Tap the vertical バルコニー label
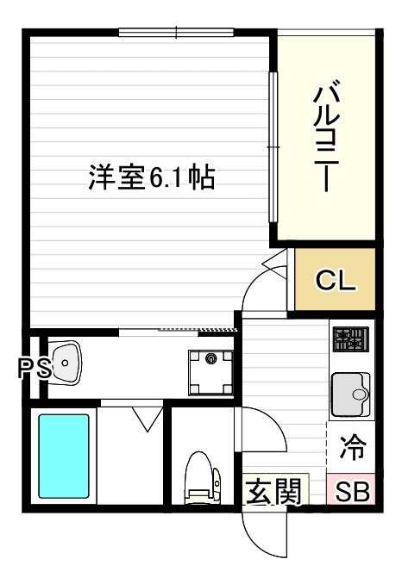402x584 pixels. (326, 137)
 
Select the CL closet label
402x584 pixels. (336, 280)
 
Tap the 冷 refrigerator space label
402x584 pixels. (351, 449)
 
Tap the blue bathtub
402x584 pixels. (64, 457)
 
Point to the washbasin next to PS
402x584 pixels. (65, 363)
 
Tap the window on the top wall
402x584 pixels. (178, 34)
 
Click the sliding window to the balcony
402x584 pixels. (273, 146)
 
